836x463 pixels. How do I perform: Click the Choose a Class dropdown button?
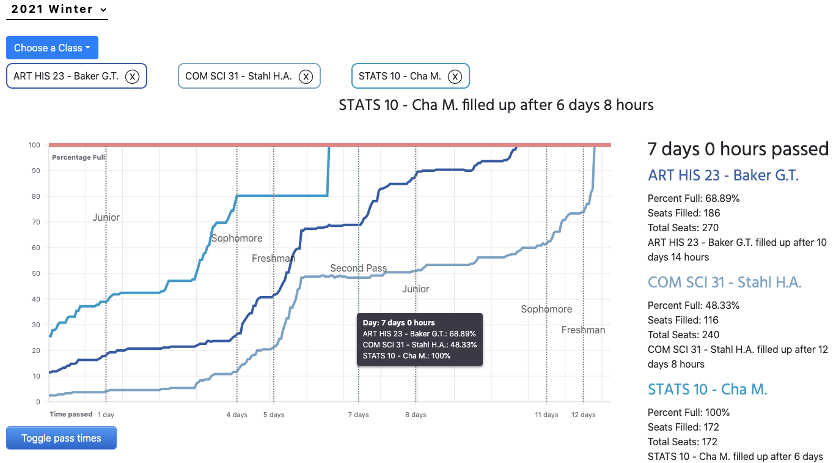pyautogui.click(x=52, y=48)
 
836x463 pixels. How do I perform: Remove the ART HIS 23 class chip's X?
pyautogui.click(x=132, y=76)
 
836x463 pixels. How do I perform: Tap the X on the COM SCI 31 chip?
pyautogui.click(x=306, y=76)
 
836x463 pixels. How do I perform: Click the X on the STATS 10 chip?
pyautogui.click(x=455, y=76)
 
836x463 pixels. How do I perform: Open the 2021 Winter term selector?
pyautogui.click(x=57, y=10)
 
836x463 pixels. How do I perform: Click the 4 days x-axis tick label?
pyautogui.click(x=237, y=415)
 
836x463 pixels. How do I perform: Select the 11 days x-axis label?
pyautogui.click(x=546, y=415)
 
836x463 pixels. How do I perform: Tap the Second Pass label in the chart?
pyautogui.click(x=358, y=268)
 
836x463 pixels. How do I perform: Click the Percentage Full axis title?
pyautogui.click(x=79, y=157)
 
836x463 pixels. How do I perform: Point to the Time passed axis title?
pyautogui.click(x=71, y=414)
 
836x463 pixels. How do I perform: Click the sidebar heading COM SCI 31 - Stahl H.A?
pyautogui.click(x=724, y=282)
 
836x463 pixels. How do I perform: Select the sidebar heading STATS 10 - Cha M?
pyautogui.click(x=707, y=389)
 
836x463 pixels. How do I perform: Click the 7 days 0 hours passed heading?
pyautogui.click(x=738, y=149)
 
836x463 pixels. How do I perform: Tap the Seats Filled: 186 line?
pyautogui.click(x=684, y=213)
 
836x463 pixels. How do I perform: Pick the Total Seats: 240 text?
pyautogui.click(x=683, y=335)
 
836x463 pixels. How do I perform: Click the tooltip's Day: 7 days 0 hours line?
pyautogui.click(x=398, y=322)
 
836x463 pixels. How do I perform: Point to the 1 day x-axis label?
pyautogui.click(x=106, y=415)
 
